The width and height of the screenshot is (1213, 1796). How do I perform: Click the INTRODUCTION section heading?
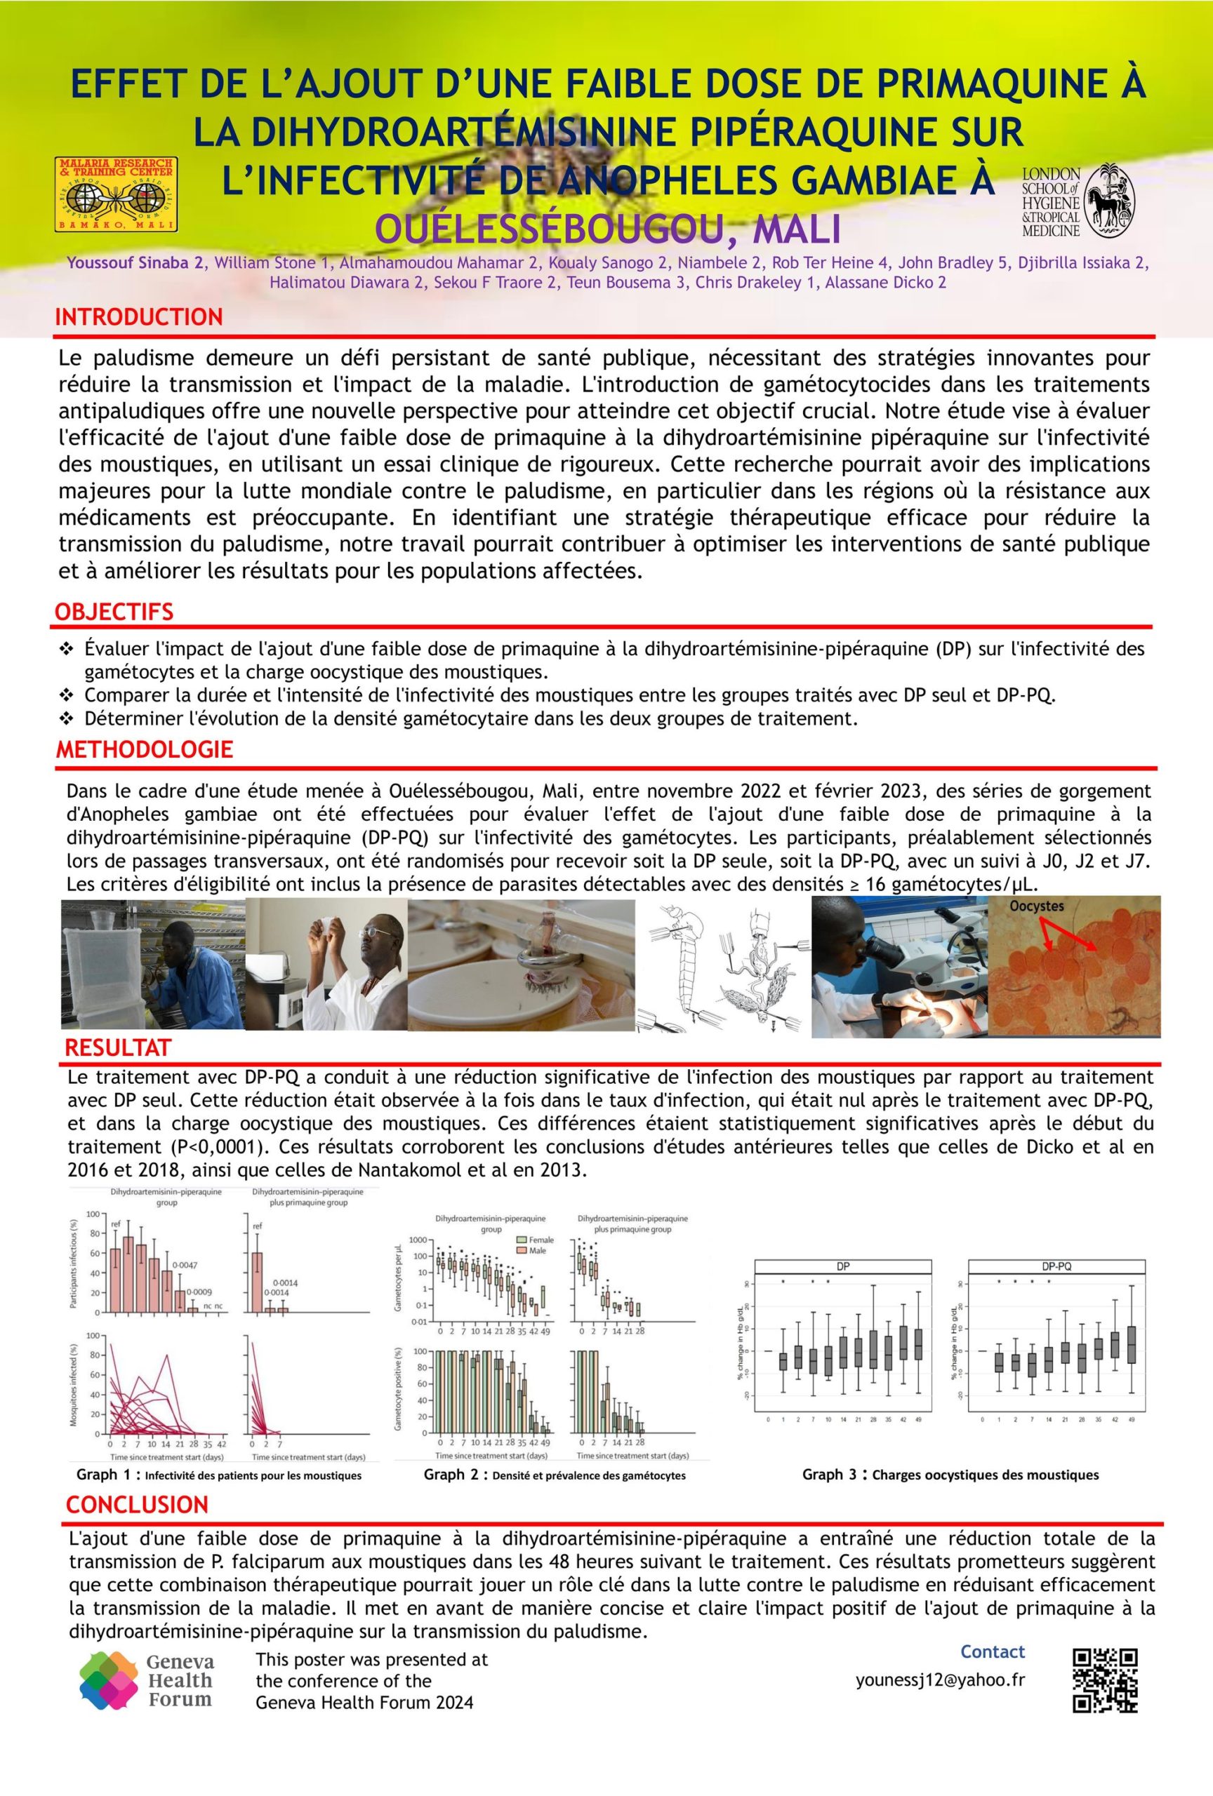pos(139,317)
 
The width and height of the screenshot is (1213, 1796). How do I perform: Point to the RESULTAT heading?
pos(117,1048)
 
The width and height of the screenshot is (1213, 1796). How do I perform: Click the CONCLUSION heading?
pos(137,1505)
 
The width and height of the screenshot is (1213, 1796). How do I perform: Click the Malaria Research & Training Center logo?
pos(117,194)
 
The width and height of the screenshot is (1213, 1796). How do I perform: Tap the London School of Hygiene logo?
pos(1078,200)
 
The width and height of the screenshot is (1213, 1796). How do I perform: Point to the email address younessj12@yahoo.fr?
pos(940,1680)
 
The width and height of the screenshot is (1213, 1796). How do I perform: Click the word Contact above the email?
pos(992,1651)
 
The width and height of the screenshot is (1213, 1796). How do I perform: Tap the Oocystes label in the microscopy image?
pos(1037,906)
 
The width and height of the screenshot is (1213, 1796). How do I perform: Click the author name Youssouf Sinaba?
pos(135,263)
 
